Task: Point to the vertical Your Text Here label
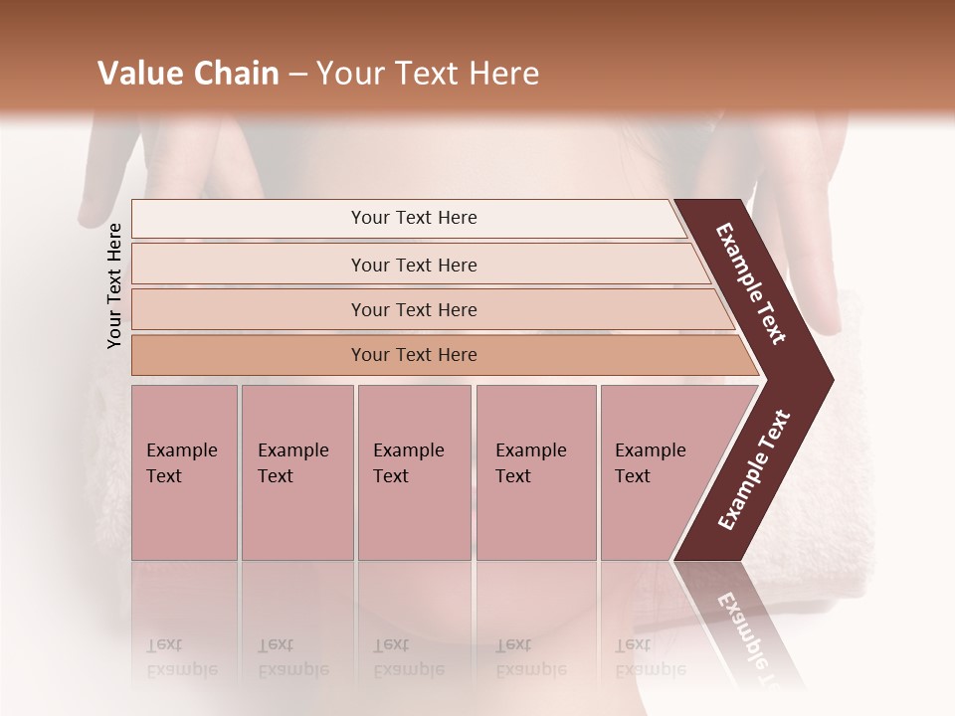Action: coord(114,285)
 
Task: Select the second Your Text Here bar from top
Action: coord(414,265)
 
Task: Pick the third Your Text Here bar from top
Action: coord(414,309)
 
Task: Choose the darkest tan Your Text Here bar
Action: coord(414,355)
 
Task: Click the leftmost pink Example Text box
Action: coord(184,472)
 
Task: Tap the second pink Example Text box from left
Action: coord(296,472)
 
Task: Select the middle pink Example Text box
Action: coord(414,472)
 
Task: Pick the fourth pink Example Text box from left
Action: coord(535,472)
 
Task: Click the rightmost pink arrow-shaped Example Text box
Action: coord(657,472)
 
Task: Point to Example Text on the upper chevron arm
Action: coord(751,284)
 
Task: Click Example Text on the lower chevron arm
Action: coord(754,469)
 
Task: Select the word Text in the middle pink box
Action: coord(391,476)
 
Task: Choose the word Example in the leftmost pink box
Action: coord(181,450)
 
